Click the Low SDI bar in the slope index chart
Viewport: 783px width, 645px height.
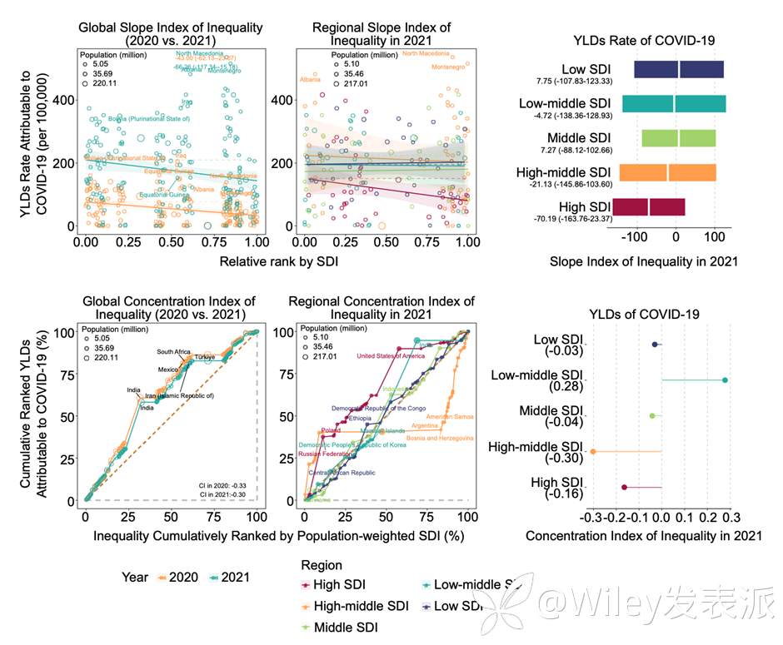pos(679,70)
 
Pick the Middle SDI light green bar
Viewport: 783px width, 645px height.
pos(679,138)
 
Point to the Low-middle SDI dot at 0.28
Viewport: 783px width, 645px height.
pos(725,380)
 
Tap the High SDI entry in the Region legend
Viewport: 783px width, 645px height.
pos(338,586)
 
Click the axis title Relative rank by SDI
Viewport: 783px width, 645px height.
pos(280,262)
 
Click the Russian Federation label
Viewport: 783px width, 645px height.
pos(326,454)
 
